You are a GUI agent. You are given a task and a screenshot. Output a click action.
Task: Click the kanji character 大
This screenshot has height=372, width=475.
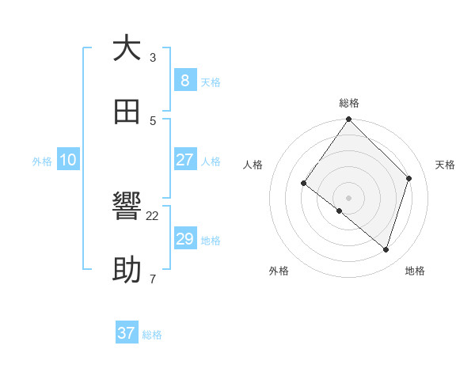(x=127, y=48)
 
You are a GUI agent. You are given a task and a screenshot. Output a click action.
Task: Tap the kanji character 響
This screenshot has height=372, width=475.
(x=127, y=207)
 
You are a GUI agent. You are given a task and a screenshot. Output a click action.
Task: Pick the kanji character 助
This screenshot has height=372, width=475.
(x=127, y=271)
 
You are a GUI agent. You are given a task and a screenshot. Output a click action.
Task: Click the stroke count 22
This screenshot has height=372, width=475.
(x=153, y=215)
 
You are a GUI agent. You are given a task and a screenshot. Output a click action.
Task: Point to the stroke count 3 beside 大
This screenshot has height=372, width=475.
(x=153, y=57)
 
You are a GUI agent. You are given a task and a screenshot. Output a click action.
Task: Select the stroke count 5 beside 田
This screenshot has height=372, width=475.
(x=153, y=120)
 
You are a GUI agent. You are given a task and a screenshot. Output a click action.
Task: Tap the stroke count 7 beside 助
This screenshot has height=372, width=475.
(x=153, y=279)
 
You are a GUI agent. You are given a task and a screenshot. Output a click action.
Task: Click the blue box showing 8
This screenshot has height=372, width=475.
(x=184, y=80)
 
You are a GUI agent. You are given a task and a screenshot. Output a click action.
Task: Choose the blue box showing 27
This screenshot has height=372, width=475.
(x=184, y=160)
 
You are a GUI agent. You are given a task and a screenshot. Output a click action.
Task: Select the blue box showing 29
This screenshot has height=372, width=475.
(x=184, y=239)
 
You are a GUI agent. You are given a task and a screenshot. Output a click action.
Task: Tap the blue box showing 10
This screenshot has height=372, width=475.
(x=68, y=160)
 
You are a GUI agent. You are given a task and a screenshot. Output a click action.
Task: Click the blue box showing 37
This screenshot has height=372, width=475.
(x=127, y=333)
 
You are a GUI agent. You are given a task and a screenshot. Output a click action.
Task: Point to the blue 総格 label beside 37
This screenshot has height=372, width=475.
(x=152, y=335)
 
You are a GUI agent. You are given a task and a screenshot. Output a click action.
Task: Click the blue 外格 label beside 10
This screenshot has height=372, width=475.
(x=42, y=161)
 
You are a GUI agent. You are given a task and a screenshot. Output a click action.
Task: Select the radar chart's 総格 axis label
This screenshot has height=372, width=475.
(x=349, y=103)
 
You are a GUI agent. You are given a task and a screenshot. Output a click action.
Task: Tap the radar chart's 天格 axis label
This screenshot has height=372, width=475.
(x=445, y=165)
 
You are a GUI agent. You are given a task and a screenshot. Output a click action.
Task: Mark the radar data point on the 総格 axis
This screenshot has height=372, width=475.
(x=349, y=120)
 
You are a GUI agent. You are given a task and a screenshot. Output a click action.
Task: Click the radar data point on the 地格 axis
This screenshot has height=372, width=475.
(x=386, y=250)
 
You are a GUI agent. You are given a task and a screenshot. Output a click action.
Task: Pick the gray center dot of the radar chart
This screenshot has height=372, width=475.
(x=349, y=197)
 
